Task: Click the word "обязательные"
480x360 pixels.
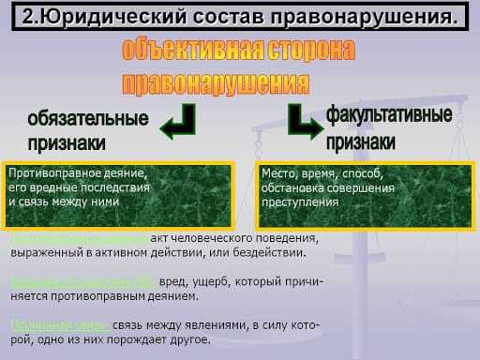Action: [88, 119]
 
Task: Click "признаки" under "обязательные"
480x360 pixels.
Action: [67, 142]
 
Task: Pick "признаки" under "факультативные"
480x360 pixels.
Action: [361, 142]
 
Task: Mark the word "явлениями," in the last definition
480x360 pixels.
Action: [217, 325]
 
